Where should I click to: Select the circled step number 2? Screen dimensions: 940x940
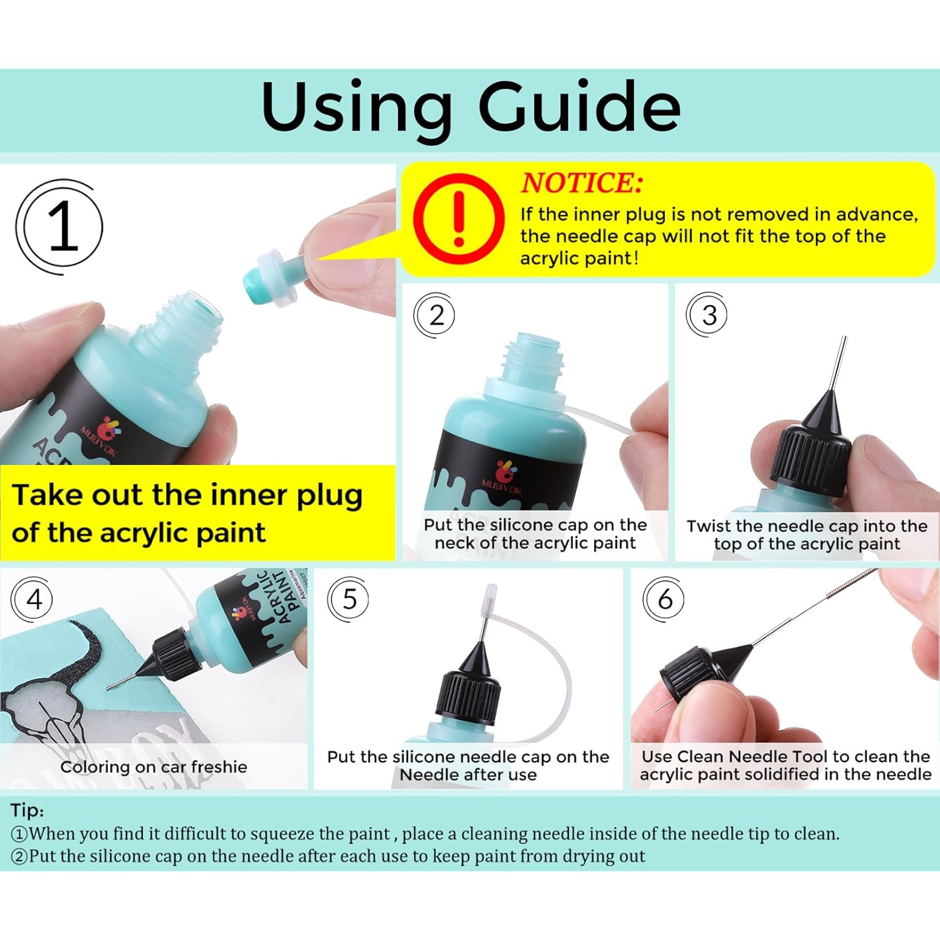[x=436, y=315]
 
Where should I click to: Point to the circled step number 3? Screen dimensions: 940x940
[x=708, y=315]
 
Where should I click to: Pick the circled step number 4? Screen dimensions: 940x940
[x=33, y=599]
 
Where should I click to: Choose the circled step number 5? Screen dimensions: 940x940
[x=349, y=599]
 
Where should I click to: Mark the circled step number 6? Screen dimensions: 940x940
[x=665, y=599]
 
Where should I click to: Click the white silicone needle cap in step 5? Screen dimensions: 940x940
[x=489, y=600]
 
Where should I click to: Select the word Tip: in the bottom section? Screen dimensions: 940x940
[x=27, y=810]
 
